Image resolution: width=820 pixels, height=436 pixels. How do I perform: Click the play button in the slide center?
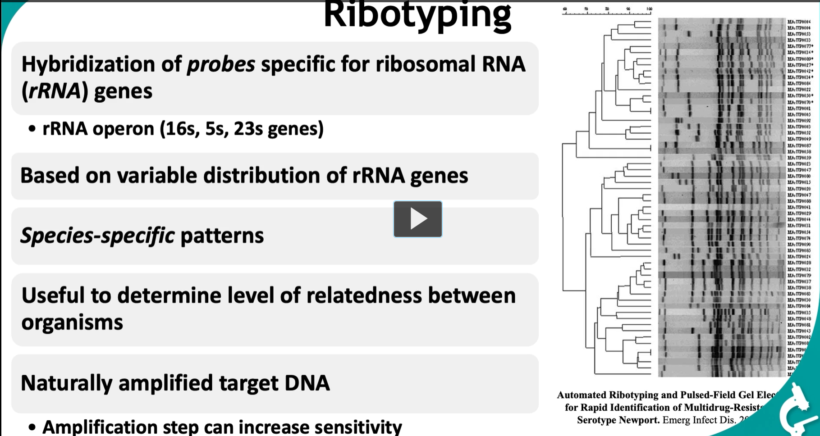417,219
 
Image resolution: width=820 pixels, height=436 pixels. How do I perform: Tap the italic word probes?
221,64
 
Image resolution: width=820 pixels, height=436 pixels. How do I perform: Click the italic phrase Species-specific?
97,236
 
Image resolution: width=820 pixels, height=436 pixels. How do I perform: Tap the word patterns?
222,236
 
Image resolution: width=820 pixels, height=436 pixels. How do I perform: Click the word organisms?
72,322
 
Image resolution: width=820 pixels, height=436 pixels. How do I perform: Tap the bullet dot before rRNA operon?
32,129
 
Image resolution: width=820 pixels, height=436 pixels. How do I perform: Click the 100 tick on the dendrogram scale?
649,9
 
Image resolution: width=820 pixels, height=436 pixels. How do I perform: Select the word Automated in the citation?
582,395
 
